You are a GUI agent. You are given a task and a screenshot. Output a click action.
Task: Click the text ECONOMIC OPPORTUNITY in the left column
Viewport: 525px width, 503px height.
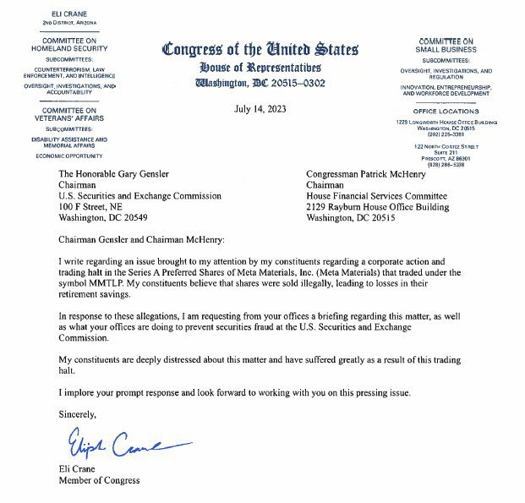(x=70, y=156)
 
